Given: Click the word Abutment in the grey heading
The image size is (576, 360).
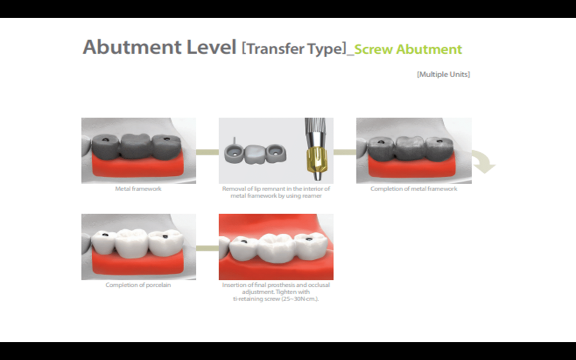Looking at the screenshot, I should (x=123, y=48).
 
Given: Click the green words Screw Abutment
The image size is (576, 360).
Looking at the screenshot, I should (x=408, y=49).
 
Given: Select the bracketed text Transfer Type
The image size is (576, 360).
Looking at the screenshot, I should (x=294, y=49).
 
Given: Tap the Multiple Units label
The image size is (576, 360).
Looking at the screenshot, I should (x=443, y=75).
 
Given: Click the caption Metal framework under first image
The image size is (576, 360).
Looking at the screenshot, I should (x=138, y=188).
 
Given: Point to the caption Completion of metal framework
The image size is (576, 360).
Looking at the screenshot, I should (x=413, y=188).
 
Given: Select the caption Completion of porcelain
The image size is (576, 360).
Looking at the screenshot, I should (x=138, y=285).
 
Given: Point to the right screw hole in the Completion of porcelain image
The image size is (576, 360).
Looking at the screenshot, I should (x=166, y=236).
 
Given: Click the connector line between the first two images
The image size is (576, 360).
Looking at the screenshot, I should (x=207, y=152).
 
